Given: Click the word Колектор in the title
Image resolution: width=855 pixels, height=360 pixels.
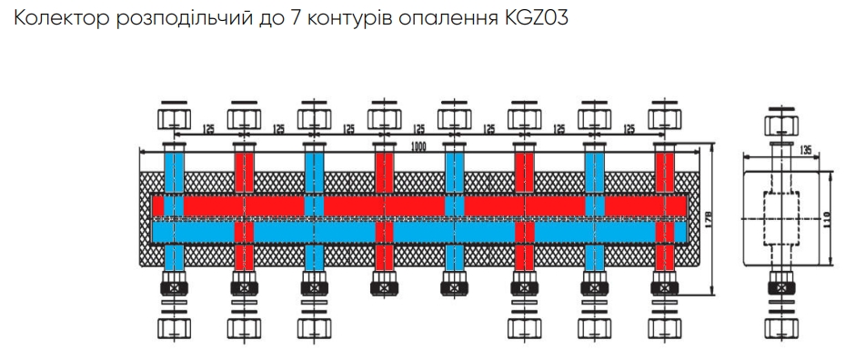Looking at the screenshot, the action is click(x=55, y=19).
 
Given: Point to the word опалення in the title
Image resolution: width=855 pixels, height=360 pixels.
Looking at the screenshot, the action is click(x=441, y=19).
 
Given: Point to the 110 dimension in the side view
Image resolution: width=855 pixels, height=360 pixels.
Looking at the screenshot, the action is click(x=825, y=219).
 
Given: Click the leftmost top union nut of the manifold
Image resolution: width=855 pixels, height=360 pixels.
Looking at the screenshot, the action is click(x=173, y=118).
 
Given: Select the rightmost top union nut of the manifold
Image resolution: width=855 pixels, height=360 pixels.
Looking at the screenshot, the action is click(x=665, y=118).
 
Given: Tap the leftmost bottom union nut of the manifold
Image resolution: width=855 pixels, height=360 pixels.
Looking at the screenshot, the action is click(x=173, y=325).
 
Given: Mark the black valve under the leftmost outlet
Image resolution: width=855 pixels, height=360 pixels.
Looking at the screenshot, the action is click(x=173, y=289).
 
